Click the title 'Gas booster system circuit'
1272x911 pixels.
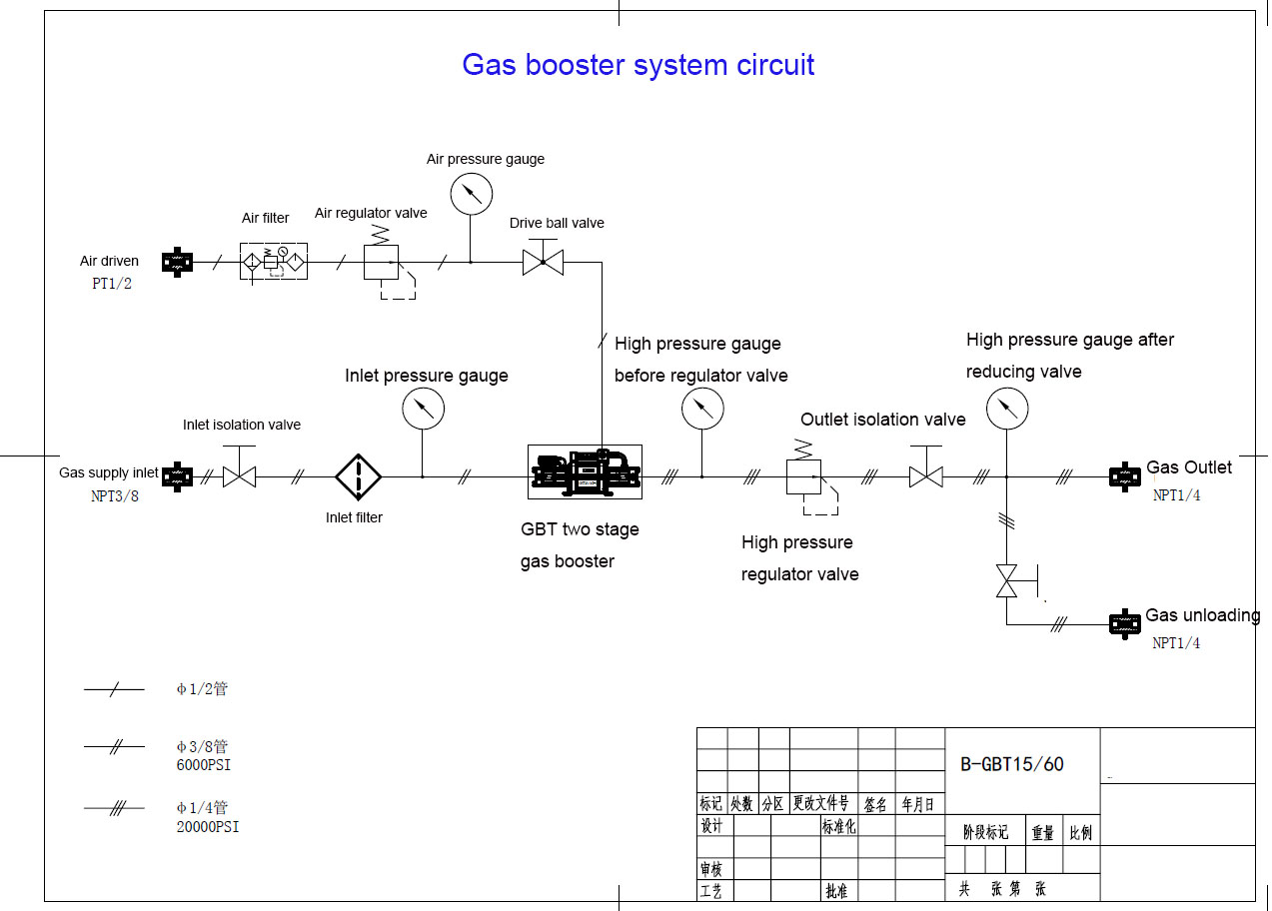[637, 65]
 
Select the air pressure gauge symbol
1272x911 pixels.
[472, 194]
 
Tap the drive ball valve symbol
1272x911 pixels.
[543, 263]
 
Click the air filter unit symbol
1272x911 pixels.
[273, 261]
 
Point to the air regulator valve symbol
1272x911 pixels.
[381, 262]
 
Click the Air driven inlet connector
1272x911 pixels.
[177, 263]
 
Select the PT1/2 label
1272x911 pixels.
[112, 284]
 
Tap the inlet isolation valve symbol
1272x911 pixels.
[239, 476]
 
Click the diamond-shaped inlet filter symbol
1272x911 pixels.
[358, 476]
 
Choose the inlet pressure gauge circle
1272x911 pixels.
[423, 408]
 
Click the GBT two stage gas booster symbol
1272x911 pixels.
[585, 472]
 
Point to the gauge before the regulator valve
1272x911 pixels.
[701, 408]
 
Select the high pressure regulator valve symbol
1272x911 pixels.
[803, 476]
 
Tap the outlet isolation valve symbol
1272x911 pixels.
[926, 476]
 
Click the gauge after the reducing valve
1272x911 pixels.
[1006, 408]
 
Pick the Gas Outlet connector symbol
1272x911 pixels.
[1125, 476]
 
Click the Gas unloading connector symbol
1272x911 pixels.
[1125, 624]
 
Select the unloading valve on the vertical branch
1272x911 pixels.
[1006, 580]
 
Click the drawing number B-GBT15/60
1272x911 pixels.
[1012, 764]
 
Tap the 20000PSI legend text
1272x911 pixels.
[208, 827]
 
